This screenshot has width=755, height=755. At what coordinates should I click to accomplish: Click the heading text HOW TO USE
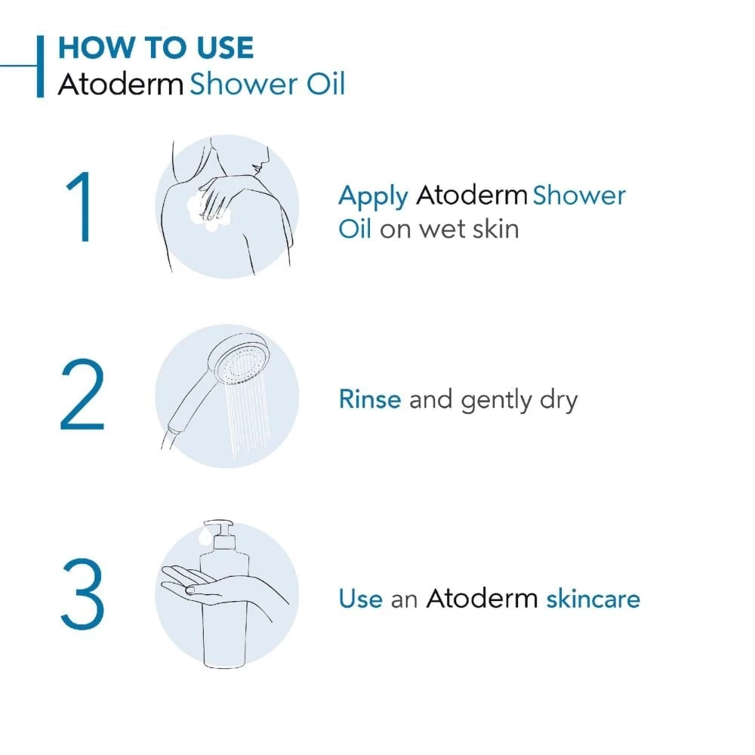pyautogui.click(x=156, y=48)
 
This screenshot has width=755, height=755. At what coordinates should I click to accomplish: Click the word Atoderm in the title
pyautogui.click(x=121, y=84)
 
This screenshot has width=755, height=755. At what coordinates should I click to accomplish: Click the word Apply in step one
pyautogui.click(x=373, y=197)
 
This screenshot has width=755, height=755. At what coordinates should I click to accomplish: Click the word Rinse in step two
pyautogui.click(x=370, y=399)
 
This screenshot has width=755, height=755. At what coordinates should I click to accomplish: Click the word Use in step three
pyautogui.click(x=360, y=599)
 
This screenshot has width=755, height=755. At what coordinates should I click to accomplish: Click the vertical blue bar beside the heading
pyautogui.click(x=40, y=66)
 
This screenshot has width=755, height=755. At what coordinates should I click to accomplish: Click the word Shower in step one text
pyautogui.click(x=579, y=196)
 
